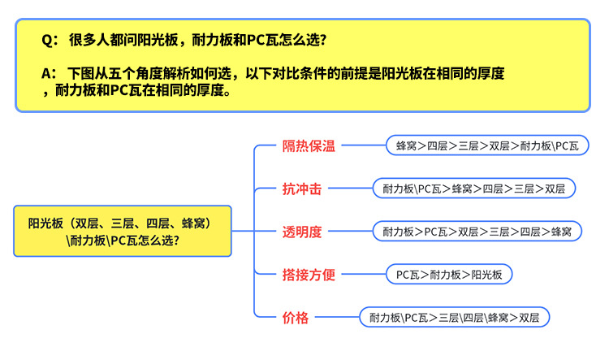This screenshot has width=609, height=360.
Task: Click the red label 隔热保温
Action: [308, 146]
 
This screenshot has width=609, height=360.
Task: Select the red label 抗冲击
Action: [301, 189]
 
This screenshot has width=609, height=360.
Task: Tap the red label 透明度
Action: [301, 232]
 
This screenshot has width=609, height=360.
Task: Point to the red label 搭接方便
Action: [308, 275]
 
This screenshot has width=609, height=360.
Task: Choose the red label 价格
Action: [295, 318]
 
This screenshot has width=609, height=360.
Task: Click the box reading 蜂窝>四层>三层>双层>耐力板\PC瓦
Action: [487, 146]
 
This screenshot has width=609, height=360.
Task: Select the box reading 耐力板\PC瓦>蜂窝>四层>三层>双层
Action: [473, 189]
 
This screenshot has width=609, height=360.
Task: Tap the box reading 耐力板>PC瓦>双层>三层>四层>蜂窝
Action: [477, 232]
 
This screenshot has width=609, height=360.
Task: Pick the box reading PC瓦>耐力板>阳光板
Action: [449, 275]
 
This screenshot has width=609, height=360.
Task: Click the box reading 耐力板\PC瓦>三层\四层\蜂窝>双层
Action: [455, 317]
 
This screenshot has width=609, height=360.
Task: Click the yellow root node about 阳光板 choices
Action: [123, 231]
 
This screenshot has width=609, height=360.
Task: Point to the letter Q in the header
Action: [46, 40]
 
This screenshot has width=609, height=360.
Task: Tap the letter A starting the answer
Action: [46, 73]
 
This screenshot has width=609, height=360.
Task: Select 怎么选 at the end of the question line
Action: [312, 40]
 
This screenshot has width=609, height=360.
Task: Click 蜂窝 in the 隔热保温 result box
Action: [406, 146]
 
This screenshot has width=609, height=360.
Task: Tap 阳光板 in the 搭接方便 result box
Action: [486, 275]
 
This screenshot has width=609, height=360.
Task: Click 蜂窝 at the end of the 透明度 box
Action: [561, 232]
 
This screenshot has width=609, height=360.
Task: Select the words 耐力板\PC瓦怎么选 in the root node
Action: [123, 240]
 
